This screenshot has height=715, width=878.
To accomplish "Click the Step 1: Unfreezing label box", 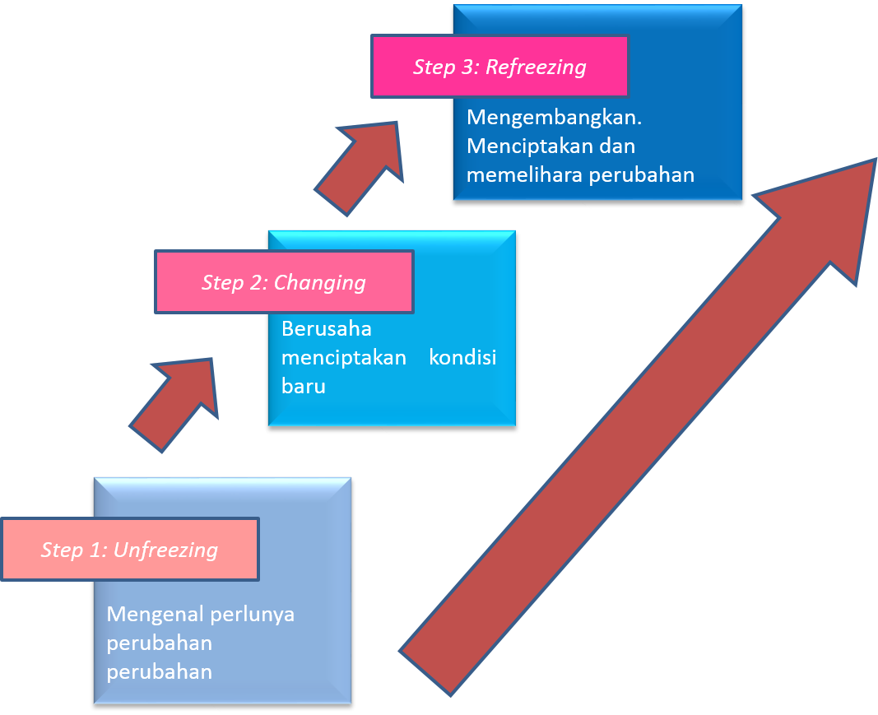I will coord(130,549).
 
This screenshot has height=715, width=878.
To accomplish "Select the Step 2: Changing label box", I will coord(283,282).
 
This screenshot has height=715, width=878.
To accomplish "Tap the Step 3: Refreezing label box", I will coord(499,67).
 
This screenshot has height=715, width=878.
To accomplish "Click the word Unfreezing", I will coord(165,550).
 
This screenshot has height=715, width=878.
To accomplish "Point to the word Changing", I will coord(319,283).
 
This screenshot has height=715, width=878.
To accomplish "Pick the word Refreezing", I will coord(536,67).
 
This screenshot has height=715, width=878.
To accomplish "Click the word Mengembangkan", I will coord(554,118).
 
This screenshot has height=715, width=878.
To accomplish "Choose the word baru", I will coord(304,386).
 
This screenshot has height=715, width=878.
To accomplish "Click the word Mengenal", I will coord(154,614).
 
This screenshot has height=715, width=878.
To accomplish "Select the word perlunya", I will coord(252,614).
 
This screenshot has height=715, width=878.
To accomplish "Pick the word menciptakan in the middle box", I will coord(344,358).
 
